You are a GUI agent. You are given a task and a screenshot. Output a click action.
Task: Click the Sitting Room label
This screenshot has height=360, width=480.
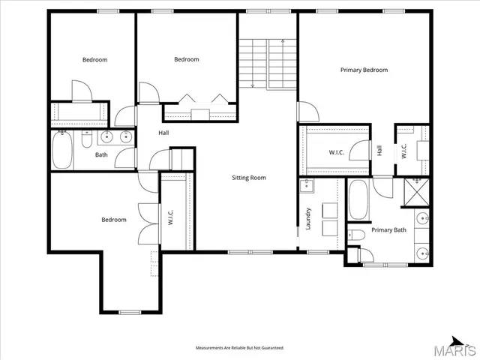point(248,178)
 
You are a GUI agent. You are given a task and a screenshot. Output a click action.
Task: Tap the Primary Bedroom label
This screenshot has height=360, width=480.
point(364,70)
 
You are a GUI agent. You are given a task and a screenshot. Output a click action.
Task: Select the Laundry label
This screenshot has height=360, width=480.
point(308,218)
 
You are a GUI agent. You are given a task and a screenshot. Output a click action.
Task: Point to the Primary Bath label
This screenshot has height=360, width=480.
point(389,230)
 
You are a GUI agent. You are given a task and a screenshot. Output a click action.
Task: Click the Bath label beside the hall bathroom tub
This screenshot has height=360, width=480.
point(101,156)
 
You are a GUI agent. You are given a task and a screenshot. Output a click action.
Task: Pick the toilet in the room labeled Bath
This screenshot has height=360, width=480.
point(86,138)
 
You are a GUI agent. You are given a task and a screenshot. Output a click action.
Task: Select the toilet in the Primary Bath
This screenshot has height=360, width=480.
point(357,236)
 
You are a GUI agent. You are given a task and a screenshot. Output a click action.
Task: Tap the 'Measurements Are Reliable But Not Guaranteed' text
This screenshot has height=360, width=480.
point(240,348)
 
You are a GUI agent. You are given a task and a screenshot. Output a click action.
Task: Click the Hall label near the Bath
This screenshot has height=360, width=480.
point(163,133)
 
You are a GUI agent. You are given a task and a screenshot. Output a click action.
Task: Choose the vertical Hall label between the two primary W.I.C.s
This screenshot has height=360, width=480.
point(379,151)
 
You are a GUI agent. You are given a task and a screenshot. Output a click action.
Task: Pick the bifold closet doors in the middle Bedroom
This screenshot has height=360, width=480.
point(201,99)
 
